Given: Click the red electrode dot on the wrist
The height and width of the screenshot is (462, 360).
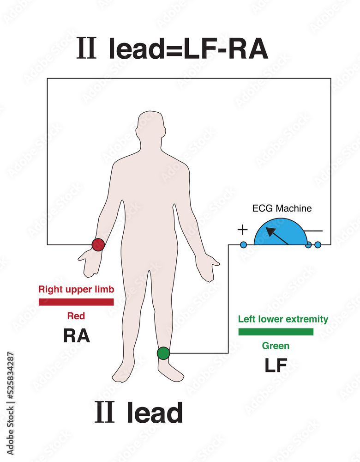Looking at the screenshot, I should tap(98, 244).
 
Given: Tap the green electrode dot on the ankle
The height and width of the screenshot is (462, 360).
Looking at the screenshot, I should tap(163, 353).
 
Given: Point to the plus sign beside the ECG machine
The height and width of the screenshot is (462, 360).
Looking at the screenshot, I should tap(242, 230).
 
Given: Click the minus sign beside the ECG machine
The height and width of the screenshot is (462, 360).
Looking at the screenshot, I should tap(313, 231).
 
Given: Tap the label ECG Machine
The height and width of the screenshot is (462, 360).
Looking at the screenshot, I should tap(282, 208).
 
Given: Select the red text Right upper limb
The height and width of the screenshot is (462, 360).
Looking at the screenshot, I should tap(76, 290).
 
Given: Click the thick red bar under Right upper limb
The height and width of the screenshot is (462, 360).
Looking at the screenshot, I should tap(76, 302).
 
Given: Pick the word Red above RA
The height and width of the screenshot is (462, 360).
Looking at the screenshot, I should tap(76, 316).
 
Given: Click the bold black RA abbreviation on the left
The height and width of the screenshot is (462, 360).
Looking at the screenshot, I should tap(76, 336).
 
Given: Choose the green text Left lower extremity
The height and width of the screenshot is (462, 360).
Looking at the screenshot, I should tap(283, 319).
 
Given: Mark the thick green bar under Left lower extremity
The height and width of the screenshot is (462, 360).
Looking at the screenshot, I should tap(276, 331).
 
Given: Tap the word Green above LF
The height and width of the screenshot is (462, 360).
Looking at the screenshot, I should tap(276, 346).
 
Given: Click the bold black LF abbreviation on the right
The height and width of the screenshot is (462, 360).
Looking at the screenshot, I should tap(276, 365).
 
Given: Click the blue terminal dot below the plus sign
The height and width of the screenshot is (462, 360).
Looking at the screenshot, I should tap(243, 244).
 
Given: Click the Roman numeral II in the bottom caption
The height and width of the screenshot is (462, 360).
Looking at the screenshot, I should tap(104, 413).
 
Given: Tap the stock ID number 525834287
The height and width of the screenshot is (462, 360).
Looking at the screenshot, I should tap(11, 384).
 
